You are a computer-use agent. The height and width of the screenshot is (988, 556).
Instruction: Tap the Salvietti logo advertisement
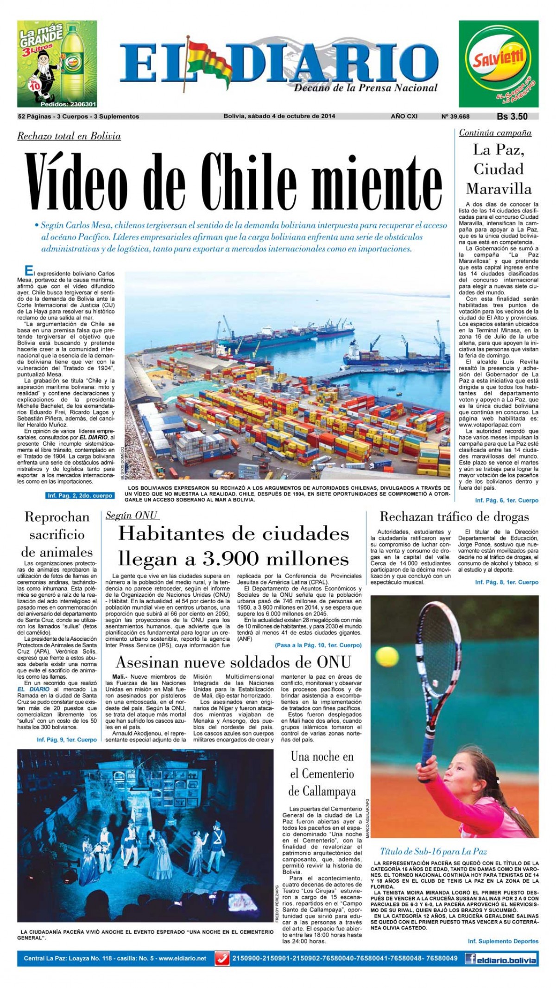click(499, 64)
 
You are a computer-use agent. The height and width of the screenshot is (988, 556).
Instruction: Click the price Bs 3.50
click(512, 117)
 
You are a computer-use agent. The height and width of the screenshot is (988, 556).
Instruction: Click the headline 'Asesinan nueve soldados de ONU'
click(234, 662)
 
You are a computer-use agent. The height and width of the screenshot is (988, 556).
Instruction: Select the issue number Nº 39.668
click(455, 116)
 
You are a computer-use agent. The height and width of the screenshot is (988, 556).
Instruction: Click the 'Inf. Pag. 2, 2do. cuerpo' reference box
click(80, 496)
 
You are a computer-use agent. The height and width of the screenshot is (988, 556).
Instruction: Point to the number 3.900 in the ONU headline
click(253, 559)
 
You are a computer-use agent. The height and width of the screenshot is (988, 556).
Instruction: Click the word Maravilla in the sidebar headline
click(499, 189)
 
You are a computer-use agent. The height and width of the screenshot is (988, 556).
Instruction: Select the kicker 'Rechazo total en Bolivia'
click(69, 136)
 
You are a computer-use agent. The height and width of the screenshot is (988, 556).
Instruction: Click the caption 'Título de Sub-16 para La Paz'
click(433, 851)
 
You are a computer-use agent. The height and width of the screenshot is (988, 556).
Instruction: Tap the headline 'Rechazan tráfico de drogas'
click(454, 516)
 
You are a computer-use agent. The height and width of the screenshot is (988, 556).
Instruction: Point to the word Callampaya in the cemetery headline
click(322, 790)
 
